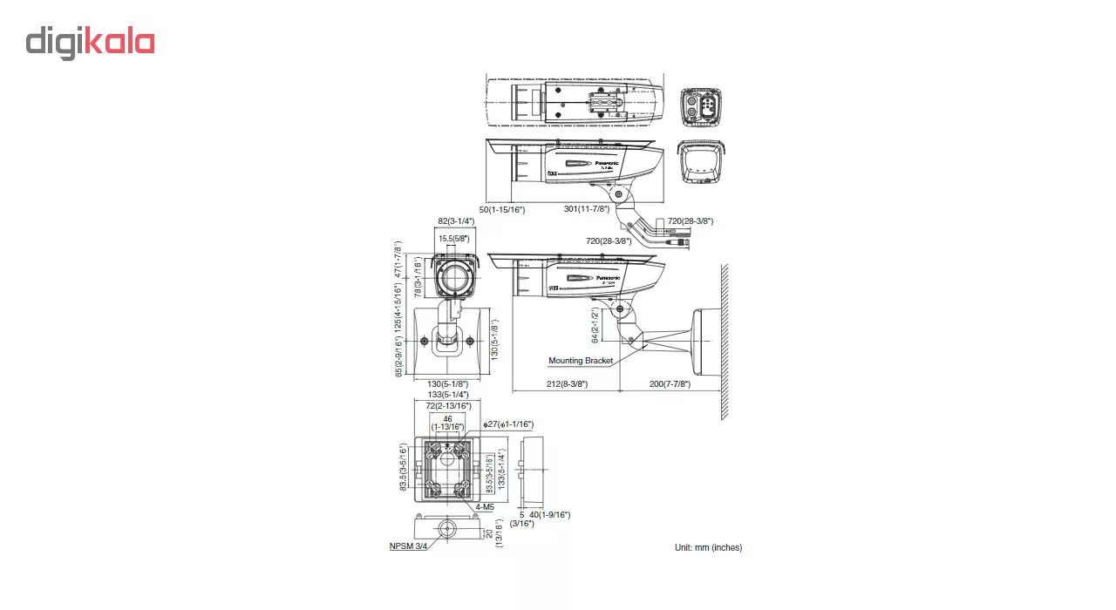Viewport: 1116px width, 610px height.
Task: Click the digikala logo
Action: pos(90,43)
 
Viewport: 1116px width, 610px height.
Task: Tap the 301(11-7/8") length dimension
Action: pos(585,209)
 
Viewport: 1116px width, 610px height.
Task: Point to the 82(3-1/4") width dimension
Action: pos(455,221)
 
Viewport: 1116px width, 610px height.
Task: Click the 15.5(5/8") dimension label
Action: pos(455,238)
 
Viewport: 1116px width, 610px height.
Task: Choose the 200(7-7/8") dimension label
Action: pos(670,383)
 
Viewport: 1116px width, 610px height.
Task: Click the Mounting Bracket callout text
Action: pos(580,360)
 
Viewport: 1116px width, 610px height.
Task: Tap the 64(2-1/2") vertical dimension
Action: pos(595,325)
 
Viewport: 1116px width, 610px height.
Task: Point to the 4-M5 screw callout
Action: pos(486,506)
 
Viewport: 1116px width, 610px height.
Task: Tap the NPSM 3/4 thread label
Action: pos(408,546)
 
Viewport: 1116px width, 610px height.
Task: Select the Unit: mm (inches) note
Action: pos(708,547)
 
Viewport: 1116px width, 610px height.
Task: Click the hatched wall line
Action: pos(724,340)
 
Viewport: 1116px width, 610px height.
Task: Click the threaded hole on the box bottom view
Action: pos(447,529)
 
